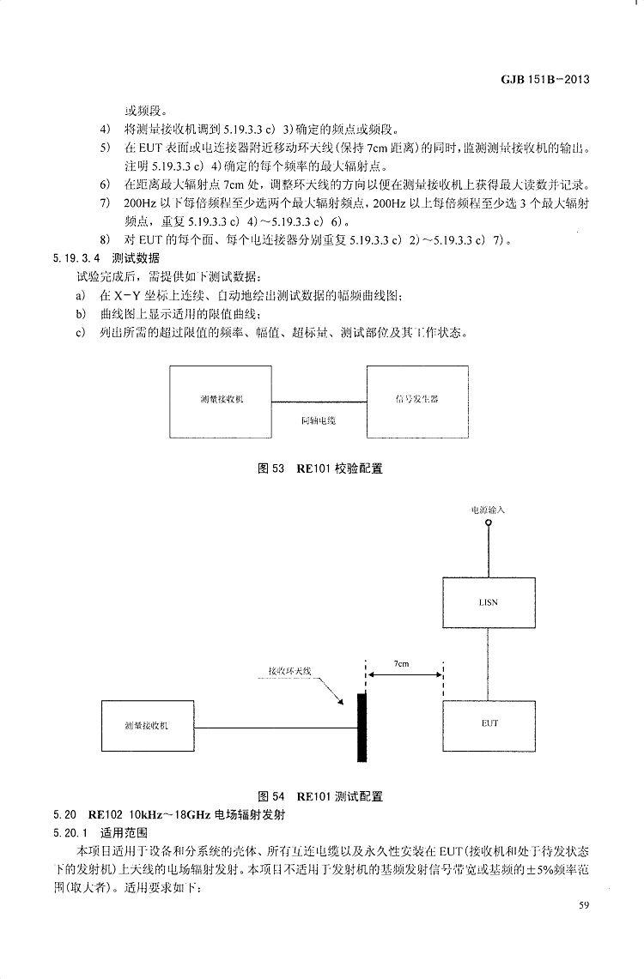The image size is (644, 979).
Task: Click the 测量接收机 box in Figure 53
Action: click(222, 401)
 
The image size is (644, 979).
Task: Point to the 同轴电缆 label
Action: click(319, 421)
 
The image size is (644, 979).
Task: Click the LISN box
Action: click(488, 602)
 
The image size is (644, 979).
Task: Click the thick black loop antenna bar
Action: click(362, 728)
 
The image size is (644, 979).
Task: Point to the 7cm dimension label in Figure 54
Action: click(402, 663)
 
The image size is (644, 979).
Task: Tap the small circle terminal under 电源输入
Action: click(489, 522)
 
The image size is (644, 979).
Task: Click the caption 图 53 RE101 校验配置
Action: click(320, 468)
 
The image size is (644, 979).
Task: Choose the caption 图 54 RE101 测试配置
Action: click(320, 795)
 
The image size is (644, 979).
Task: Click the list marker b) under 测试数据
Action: click(81, 313)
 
